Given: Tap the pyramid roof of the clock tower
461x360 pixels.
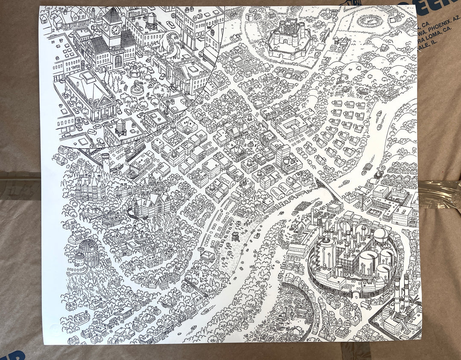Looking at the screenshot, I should click(x=112, y=16).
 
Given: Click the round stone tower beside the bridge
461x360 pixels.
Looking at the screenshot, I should click(x=105, y=160).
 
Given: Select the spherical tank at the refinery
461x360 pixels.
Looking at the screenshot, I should click(x=381, y=234).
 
